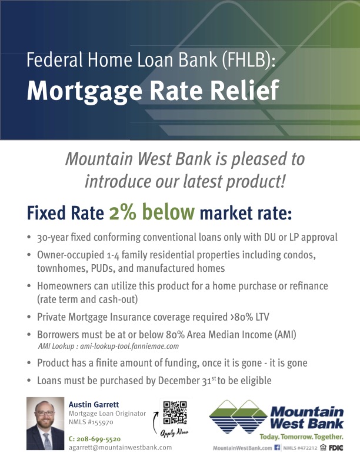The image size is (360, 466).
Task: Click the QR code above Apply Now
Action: (x=175, y=413)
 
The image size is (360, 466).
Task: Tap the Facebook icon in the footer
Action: (x=277, y=447)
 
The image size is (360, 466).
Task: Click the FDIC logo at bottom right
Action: (x=336, y=448)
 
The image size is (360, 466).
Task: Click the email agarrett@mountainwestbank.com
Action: (x=121, y=447)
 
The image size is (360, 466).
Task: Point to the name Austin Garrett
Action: (x=94, y=404)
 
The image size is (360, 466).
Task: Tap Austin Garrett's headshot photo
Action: (x=45, y=424)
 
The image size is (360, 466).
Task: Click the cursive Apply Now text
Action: (x=174, y=432)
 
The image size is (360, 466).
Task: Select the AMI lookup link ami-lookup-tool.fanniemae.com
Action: (x=129, y=346)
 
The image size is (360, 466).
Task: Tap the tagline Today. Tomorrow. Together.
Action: (x=302, y=437)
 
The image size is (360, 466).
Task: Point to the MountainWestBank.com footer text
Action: (x=242, y=448)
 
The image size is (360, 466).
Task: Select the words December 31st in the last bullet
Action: (x=187, y=381)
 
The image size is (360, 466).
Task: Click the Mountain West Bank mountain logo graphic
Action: (x=238, y=417)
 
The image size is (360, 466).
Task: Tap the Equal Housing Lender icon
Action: (x=323, y=447)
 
